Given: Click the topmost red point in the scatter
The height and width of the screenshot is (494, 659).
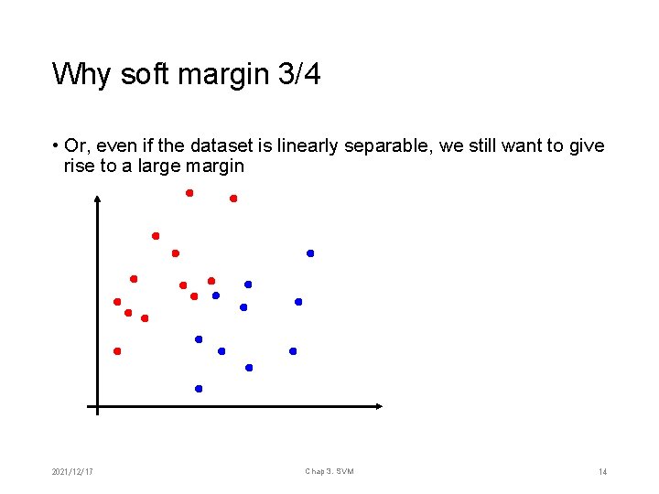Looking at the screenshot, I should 189,193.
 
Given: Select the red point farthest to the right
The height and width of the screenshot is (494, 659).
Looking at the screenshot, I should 233,199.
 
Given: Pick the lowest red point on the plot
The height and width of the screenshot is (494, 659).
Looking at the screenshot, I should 117,351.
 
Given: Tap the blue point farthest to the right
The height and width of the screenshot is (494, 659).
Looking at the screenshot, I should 310,253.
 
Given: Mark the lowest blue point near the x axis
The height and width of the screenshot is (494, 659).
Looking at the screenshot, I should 199,389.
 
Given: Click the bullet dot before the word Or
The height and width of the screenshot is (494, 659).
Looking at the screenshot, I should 56,146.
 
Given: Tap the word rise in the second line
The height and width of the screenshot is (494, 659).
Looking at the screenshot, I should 79,166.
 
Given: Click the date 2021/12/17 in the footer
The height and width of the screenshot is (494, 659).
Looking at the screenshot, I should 74,472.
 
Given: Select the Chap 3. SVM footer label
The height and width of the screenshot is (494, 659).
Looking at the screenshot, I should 329,472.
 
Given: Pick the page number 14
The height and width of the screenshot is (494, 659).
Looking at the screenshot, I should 602,472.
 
